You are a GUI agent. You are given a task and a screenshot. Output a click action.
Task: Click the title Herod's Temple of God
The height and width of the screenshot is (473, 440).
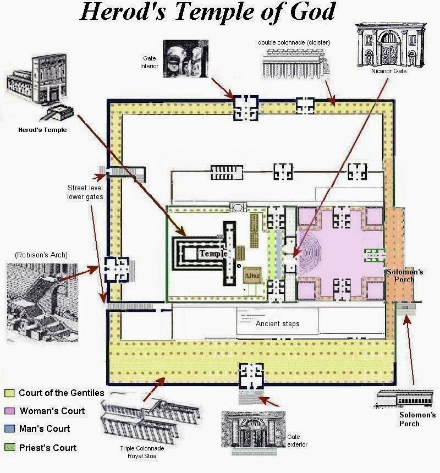pos(207,12)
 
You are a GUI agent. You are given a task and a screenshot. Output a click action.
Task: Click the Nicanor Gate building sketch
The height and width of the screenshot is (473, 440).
pos(391,45)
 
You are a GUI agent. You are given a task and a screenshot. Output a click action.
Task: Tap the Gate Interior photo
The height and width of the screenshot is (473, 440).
pos(185,58)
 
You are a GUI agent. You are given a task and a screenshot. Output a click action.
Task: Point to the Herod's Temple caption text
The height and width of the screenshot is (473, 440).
pos(42,130)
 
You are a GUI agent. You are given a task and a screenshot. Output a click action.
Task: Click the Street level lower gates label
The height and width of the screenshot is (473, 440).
pos(85,192)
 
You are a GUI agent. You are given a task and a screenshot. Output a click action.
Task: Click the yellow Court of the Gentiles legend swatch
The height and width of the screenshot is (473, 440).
pos(10,393)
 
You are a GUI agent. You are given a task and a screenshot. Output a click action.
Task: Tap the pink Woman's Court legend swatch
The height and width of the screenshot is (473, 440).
pos(10,411)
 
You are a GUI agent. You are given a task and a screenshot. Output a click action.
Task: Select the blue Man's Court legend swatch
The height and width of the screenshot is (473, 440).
pos(10,428)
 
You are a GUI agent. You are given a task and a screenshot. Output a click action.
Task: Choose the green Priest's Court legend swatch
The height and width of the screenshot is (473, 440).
pos(10,447)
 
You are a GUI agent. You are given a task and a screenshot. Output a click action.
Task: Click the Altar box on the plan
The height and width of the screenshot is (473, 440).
pos(252,275)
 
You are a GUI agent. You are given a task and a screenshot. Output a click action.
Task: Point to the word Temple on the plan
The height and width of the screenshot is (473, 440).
pos(213,254)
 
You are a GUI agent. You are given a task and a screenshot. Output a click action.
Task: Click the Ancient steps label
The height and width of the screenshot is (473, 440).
pos(277,324)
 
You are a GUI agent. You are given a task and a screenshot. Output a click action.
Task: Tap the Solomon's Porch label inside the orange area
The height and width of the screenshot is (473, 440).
pos(404,276)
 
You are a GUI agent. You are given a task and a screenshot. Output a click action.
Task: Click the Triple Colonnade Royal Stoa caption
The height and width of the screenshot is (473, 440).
pos(142,452)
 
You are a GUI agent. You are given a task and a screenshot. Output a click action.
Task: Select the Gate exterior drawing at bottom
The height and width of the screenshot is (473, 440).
pos(254,432)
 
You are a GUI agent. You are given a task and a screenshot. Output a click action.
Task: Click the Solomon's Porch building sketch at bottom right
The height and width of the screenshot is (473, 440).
pos(404,399)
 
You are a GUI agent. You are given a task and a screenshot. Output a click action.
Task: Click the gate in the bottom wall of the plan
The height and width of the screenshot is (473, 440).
pos(251,376)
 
